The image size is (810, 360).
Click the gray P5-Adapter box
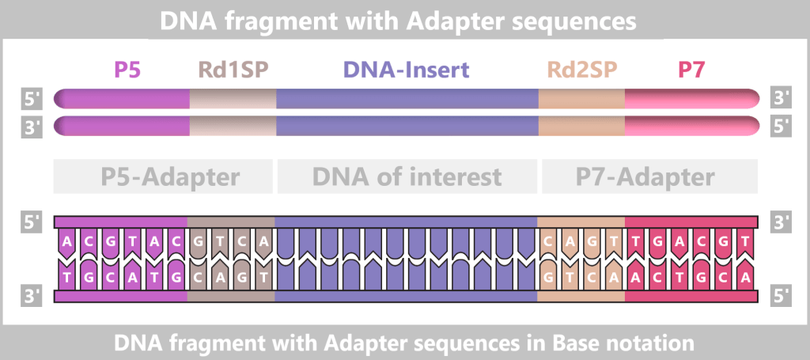pyautogui.click(x=163, y=176)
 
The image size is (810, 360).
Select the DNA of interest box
pyautogui.click(x=407, y=176)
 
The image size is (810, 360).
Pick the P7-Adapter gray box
pyautogui.click(x=649, y=176)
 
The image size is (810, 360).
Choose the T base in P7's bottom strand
pyautogui.click(x=680, y=277)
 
